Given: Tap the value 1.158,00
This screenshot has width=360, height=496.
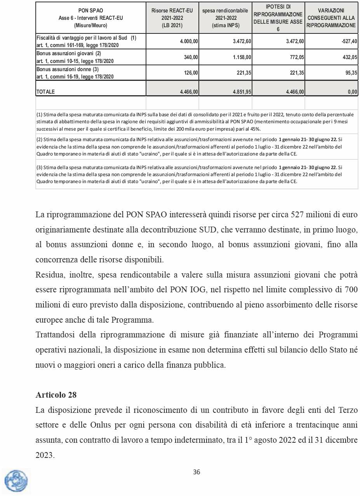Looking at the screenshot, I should [242, 57].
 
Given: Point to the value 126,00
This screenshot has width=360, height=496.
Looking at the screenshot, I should [191, 72].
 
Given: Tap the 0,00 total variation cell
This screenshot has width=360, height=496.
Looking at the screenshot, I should [352, 92].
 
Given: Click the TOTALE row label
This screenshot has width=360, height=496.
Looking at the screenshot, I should [45, 92].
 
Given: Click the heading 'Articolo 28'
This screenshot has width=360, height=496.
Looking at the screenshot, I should [56, 395].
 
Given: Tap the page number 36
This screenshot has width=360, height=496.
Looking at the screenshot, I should [197, 472].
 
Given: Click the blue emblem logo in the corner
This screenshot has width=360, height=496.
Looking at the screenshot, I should [16, 481].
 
